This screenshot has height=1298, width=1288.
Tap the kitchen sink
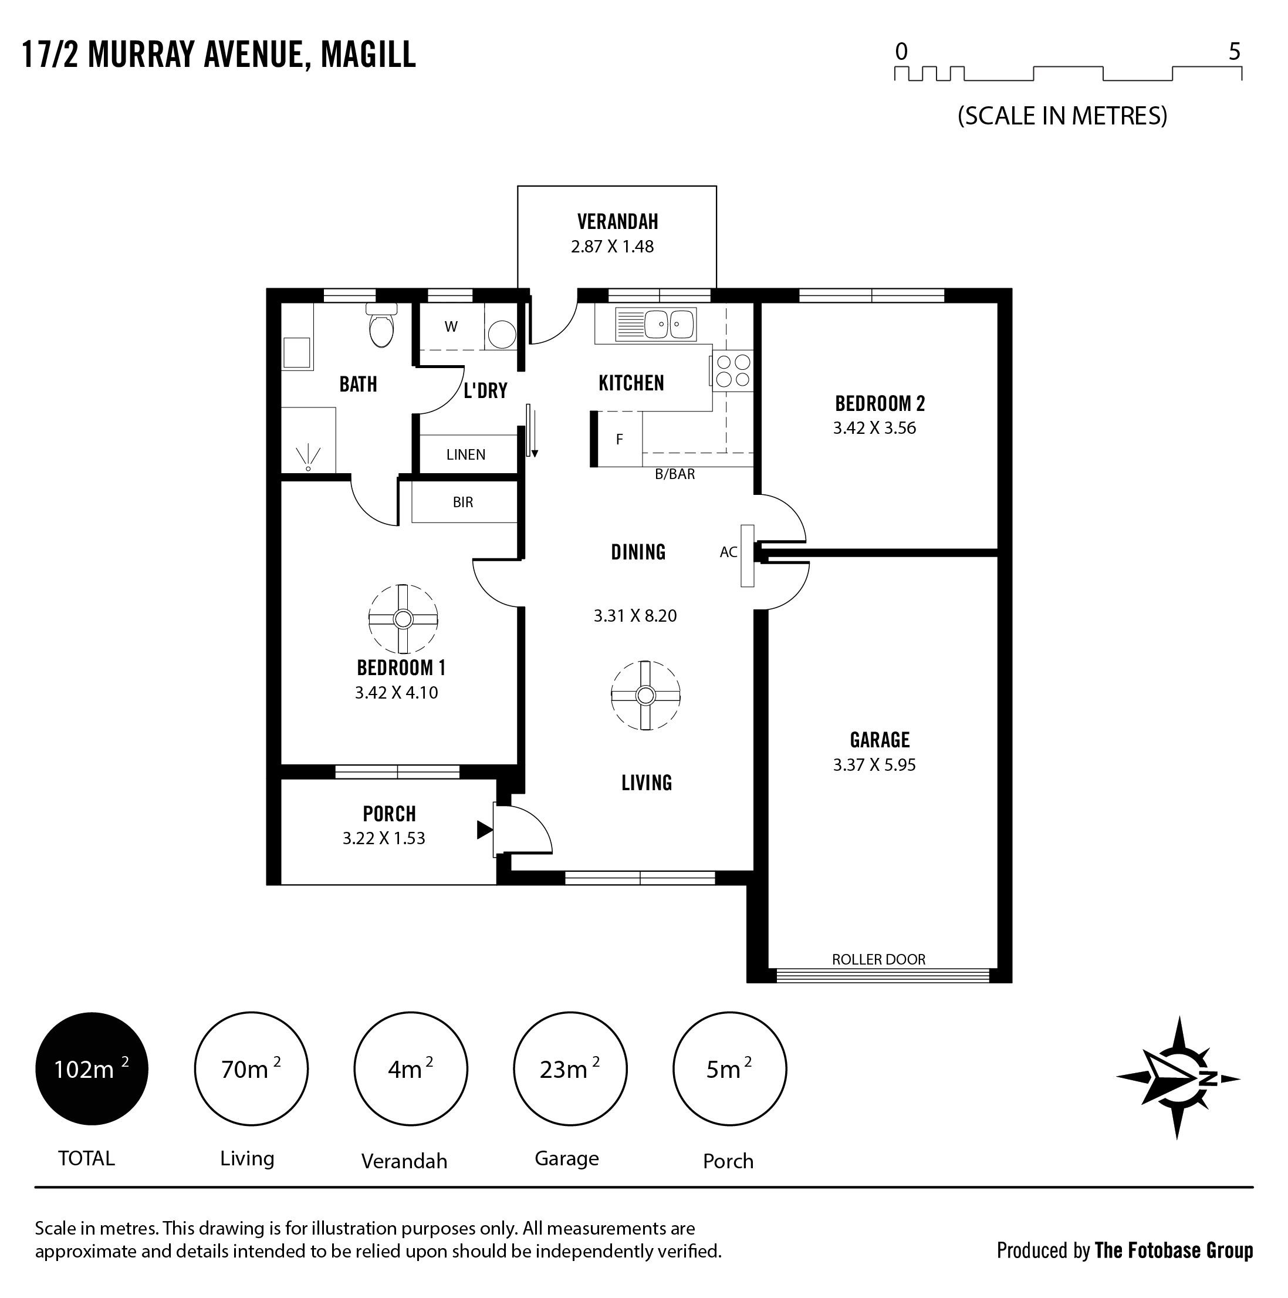pos(655,325)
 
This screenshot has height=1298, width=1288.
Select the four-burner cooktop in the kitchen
pos(732,370)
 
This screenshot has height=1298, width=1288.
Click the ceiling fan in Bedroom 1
pos(403,619)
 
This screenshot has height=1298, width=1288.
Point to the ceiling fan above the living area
pos(645,695)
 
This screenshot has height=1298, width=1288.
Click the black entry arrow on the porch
pos(484,830)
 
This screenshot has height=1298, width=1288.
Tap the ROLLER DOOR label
pos(878,959)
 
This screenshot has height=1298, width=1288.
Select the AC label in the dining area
pos(729,552)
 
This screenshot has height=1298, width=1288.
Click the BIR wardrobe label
pos(463,502)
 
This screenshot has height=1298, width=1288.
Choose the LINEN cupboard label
pos(465,455)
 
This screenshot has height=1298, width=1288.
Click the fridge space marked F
pos(619,439)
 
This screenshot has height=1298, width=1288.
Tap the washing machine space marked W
pos(451,326)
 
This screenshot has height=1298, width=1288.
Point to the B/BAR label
pos(675,474)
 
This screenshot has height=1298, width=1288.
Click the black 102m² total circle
pos(92,1069)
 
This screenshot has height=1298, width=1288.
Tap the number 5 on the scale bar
pos(1234,52)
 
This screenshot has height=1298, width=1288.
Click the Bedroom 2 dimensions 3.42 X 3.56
pos(874,428)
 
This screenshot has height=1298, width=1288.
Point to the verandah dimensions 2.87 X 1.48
pos(613,247)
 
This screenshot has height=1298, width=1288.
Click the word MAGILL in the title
pos(369,55)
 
